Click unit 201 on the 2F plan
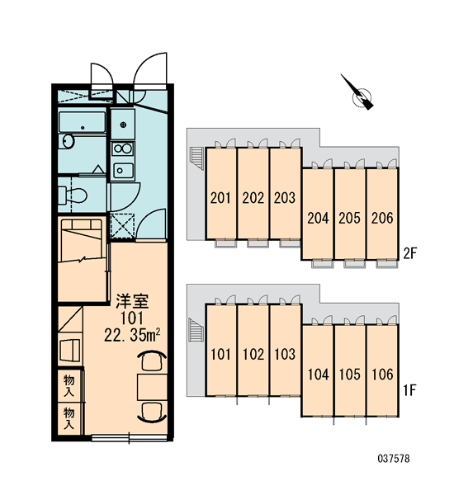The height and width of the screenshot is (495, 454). coord(221,193)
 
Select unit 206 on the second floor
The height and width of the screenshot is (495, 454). coord(382,214)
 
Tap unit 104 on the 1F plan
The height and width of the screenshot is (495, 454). coord(318,370)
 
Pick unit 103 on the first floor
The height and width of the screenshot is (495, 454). coord(285,350)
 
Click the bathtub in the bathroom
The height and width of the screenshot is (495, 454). coord(83,122)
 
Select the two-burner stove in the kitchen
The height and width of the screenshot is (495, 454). coord(123,148)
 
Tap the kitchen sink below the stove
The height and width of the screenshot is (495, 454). coord(123,171)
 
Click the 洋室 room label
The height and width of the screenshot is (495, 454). coord(132,301)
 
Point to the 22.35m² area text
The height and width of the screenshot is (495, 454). coord(132,335)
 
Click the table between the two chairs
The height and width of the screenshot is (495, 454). coord(152,388)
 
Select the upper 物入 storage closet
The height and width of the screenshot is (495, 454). coord(69,385)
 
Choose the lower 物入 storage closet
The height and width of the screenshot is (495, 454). coord(69,418)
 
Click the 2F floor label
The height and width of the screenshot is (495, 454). coord(410,253)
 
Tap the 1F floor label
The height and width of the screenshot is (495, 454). coord(410,390)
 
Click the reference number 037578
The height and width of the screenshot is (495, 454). coord(394,459)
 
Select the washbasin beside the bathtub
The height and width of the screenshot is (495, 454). coord(68,141)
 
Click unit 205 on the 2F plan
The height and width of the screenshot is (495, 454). coord(349,214)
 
